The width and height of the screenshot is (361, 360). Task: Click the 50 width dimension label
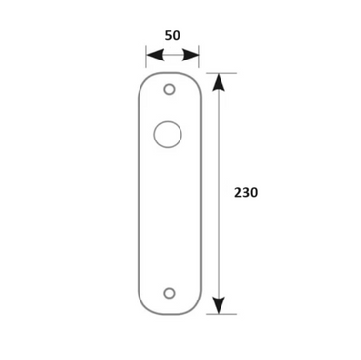tap(172, 35)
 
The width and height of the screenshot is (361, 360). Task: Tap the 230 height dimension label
tap(246, 193)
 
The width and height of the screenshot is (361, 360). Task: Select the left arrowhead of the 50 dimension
tap(155, 55)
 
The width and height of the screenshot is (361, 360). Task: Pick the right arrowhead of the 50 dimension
tap(190, 55)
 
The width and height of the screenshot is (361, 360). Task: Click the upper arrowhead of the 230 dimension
tap(219, 82)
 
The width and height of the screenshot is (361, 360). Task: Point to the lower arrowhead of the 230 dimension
tap(219, 305)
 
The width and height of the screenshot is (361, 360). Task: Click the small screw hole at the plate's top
tap(169, 89)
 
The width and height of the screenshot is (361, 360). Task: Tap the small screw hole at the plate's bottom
tap(169, 293)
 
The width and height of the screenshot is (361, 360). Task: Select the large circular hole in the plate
tap(168, 135)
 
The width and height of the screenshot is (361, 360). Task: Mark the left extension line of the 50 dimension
tap(146, 57)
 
